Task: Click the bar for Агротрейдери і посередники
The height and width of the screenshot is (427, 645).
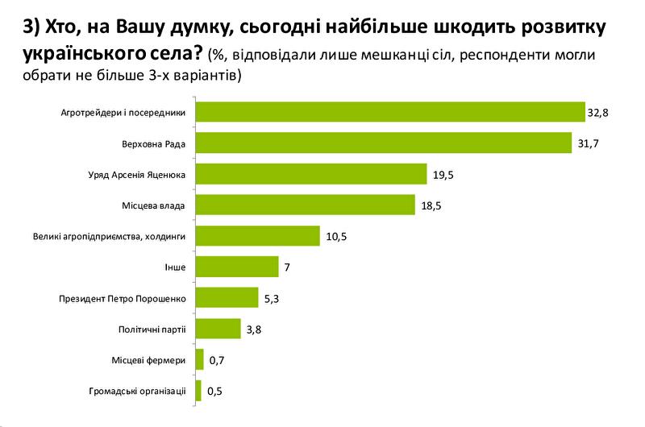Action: (390, 111)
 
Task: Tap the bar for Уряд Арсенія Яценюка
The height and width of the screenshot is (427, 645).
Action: (311, 174)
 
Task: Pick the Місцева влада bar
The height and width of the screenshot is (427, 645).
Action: (306, 205)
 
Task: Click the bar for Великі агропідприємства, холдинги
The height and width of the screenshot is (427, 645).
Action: (258, 236)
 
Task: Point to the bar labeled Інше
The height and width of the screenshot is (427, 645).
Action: (237, 267)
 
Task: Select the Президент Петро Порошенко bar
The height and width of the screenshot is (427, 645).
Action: (227, 298)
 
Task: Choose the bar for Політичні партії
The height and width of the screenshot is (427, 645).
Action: (218, 329)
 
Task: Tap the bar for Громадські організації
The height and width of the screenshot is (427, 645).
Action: (198, 391)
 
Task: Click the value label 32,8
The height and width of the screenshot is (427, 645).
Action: (597, 112)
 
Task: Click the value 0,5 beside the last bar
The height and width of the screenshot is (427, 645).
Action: (215, 392)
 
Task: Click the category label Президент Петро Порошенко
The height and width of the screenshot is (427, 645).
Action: (123, 298)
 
